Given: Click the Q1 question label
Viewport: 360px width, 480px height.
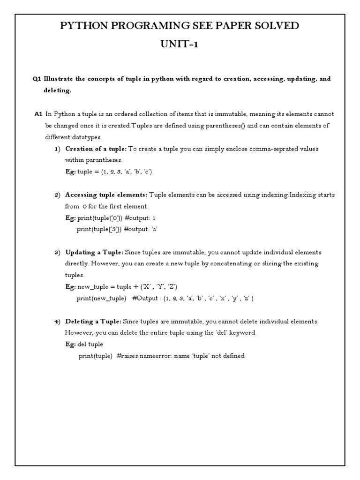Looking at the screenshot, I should [37, 79].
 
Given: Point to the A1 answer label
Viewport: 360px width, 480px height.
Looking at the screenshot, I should [38, 114].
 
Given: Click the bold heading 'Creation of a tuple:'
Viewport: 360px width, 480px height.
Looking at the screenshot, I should [96, 149].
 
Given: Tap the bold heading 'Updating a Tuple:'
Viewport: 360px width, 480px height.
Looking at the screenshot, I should [94, 252].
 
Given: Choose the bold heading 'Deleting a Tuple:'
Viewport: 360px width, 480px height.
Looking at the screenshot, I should [93, 322].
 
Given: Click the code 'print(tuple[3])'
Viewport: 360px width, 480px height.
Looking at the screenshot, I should [99, 229].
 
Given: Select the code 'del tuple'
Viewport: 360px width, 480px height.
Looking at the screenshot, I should [90, 345].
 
